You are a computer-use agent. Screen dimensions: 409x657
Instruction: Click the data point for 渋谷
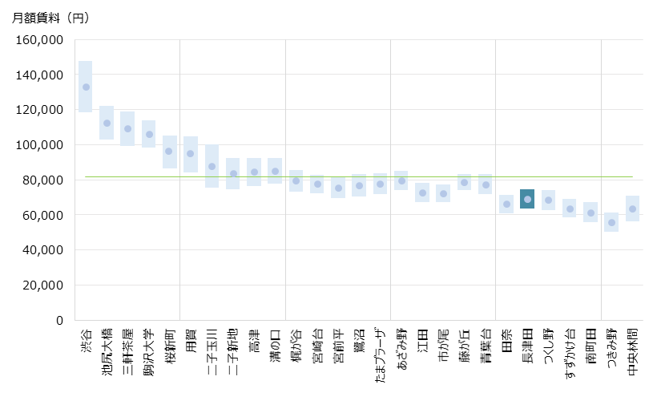pos(86,87)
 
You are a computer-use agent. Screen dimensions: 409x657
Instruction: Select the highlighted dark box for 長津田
pos(527,199)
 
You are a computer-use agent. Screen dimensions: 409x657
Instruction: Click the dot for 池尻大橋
pos(107,124)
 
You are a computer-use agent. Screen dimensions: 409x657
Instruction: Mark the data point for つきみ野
pos(612,223)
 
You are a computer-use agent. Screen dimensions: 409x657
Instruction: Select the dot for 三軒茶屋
pos(127,128)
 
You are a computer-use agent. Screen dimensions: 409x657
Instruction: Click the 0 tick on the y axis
pos(59,321)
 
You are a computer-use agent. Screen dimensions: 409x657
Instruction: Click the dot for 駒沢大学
pos(149,135)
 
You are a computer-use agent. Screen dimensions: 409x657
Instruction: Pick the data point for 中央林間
pos(633,209)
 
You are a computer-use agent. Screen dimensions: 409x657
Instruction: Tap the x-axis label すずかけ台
pos(570,354)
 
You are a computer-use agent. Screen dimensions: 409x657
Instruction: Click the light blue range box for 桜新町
pos(170,152)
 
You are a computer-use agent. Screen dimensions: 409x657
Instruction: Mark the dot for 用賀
pos(191,154)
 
